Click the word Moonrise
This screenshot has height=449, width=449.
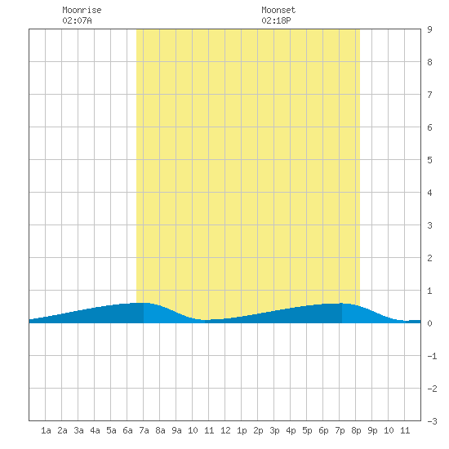pos(82,10)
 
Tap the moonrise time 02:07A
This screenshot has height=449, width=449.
pos(77,20)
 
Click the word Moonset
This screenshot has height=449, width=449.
pos(278,10)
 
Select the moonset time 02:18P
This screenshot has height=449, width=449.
pos(276,20)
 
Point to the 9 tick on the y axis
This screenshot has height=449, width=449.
pos(429,29)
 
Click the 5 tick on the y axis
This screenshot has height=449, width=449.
pos(429,160)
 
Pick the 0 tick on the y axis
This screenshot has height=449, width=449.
pos(429,323)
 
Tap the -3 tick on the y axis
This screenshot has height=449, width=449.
pos(432,421)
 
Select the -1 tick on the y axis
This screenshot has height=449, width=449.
pos(432,356)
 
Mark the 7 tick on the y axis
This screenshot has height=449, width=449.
pos(429,95)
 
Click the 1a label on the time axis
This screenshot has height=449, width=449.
pos(46,430)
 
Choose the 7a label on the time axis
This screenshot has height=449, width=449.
pos(144,430)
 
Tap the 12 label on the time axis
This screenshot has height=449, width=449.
pos(225,430)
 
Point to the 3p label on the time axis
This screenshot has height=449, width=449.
pos(274,430)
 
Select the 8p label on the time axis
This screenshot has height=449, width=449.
pos(356,430)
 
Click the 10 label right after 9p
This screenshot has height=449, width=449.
pos(389,430)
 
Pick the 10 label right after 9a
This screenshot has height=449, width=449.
pos(193,430)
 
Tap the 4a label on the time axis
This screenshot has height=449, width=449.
pos(95,430)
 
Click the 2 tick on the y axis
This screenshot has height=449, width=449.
pos(429,258)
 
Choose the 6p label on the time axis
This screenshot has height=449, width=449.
pos(323,430)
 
